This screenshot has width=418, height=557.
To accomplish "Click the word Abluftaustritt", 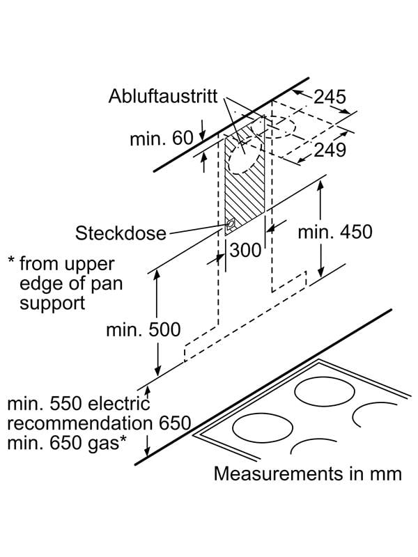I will [x=163, y=96].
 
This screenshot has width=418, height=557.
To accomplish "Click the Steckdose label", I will [x=121, y=232].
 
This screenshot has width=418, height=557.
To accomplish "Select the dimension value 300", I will [x=245, y=250].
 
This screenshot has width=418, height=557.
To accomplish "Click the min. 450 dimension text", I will [x=335, y=232].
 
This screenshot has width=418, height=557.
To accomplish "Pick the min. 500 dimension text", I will [x=143, y=329].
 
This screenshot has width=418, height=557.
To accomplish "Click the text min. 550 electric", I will [x=79, y=403].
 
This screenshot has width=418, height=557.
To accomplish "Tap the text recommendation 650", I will [x=98, y=423].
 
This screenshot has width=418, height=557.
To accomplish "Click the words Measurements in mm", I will [x=307, y=474].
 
